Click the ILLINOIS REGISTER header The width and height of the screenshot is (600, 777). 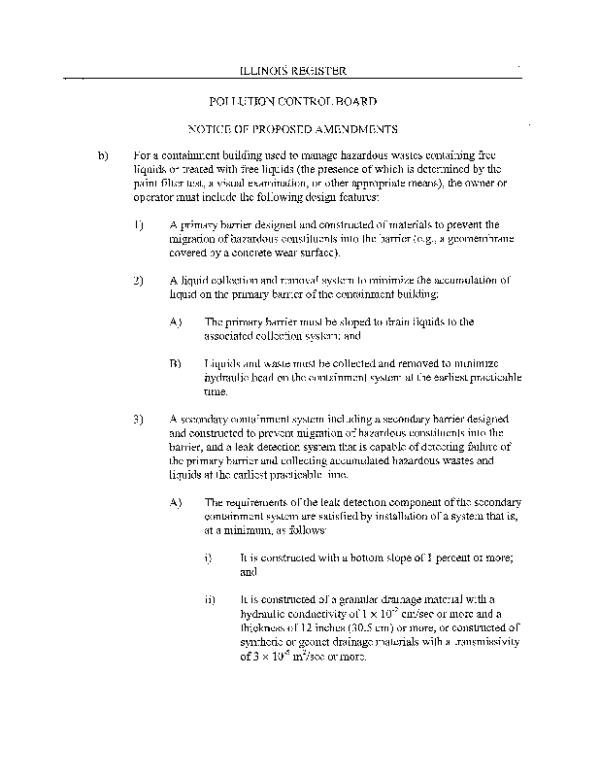coord(292,71)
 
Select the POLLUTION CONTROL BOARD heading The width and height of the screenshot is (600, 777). coord(292,101)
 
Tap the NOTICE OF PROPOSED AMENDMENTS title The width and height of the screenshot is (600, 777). coord(292,129)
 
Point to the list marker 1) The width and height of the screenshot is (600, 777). coord(138,223)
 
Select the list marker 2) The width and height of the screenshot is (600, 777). coord(138,280)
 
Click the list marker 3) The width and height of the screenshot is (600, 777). coord(138,420)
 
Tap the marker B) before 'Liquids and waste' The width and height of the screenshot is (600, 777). coord(175,363)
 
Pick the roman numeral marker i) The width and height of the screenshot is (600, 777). coord(209,558)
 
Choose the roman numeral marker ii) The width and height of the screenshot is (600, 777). coord(210,600)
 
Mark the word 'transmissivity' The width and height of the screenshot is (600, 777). coord(482,643)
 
